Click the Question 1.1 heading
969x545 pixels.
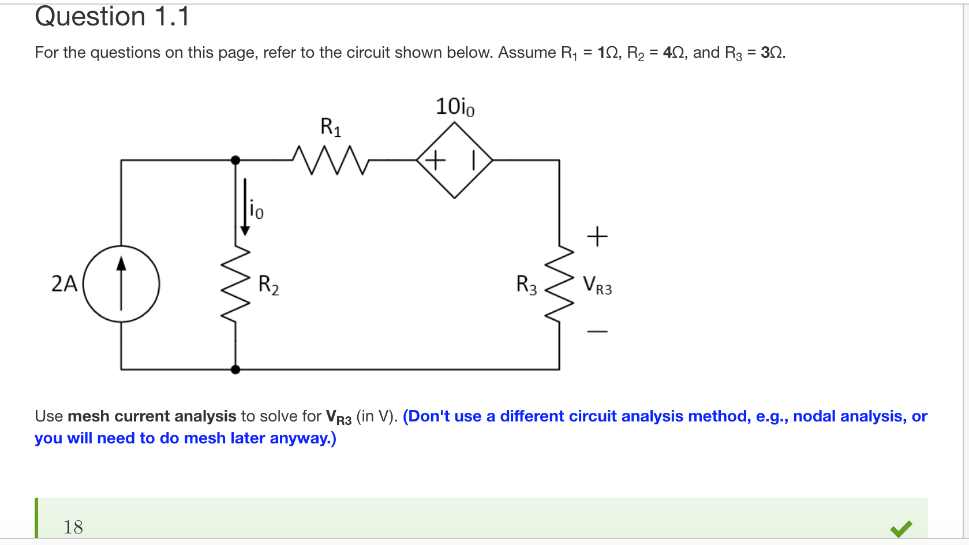point(112,16)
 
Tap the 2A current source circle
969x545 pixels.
point(121,283)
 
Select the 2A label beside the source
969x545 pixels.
point(64,283)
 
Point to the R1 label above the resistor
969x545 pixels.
point(331,127)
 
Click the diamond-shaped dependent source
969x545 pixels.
point(455,160)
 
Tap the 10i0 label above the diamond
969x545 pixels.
point(455,107)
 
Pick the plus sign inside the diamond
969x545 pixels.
point(436,160)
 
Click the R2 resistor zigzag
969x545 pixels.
point(236,283)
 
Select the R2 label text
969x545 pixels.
point(268,285)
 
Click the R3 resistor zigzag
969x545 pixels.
point(559,283)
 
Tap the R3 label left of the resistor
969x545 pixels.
point(526,285)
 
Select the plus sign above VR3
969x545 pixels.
point(597,236)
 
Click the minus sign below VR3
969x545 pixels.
point(597,331)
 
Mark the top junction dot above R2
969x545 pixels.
point(235,160)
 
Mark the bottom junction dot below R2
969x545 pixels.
point(235,369)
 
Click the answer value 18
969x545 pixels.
point(73,527)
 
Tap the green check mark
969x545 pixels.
point(901,528)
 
